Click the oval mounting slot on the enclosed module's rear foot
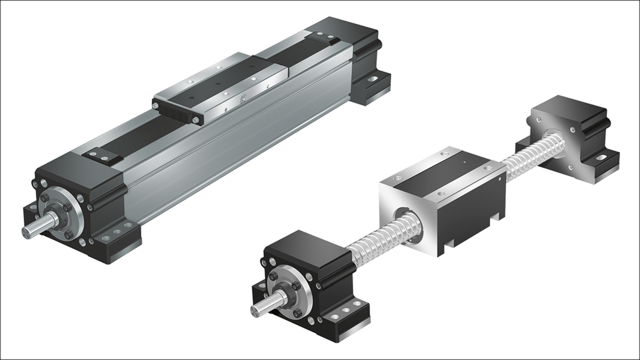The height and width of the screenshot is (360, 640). click(x=372, y=78)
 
